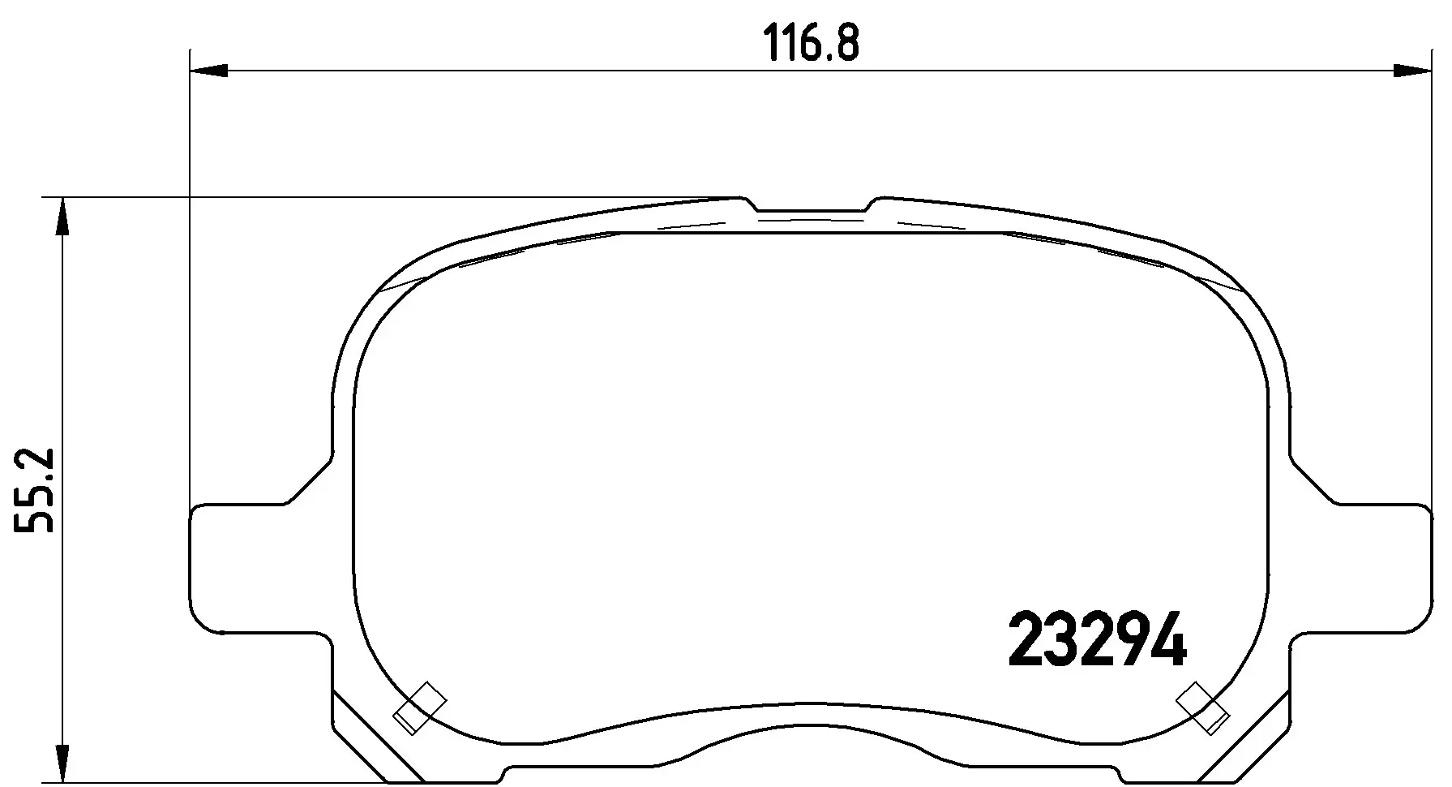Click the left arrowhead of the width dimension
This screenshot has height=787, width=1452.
208,72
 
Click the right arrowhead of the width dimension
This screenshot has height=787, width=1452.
1411,72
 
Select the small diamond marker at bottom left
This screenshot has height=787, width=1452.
420,707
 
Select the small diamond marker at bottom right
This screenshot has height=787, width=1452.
1202,707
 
